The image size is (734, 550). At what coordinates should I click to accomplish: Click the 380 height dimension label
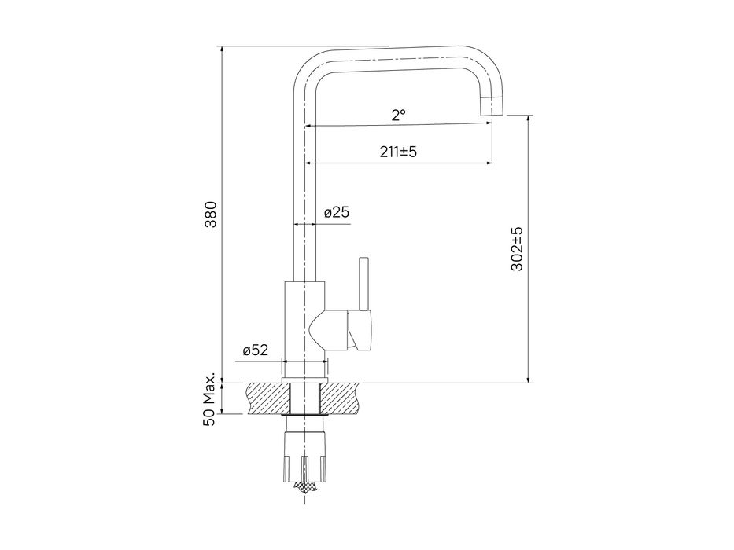(x=212, y=214)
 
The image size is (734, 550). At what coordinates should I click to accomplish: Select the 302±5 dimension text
(x=518, y=249)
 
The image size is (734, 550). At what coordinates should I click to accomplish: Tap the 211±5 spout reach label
(x=398, y=152)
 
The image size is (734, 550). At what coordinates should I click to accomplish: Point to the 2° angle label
(x=398, y=115)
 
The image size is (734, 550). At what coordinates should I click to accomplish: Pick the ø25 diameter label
(x=337, y=212)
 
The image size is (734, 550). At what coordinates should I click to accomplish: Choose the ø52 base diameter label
(x=256, y=350)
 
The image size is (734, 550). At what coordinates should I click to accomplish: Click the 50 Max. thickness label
(x=209, y=399)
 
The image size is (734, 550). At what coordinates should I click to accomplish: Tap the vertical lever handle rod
(x=363, y=284)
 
